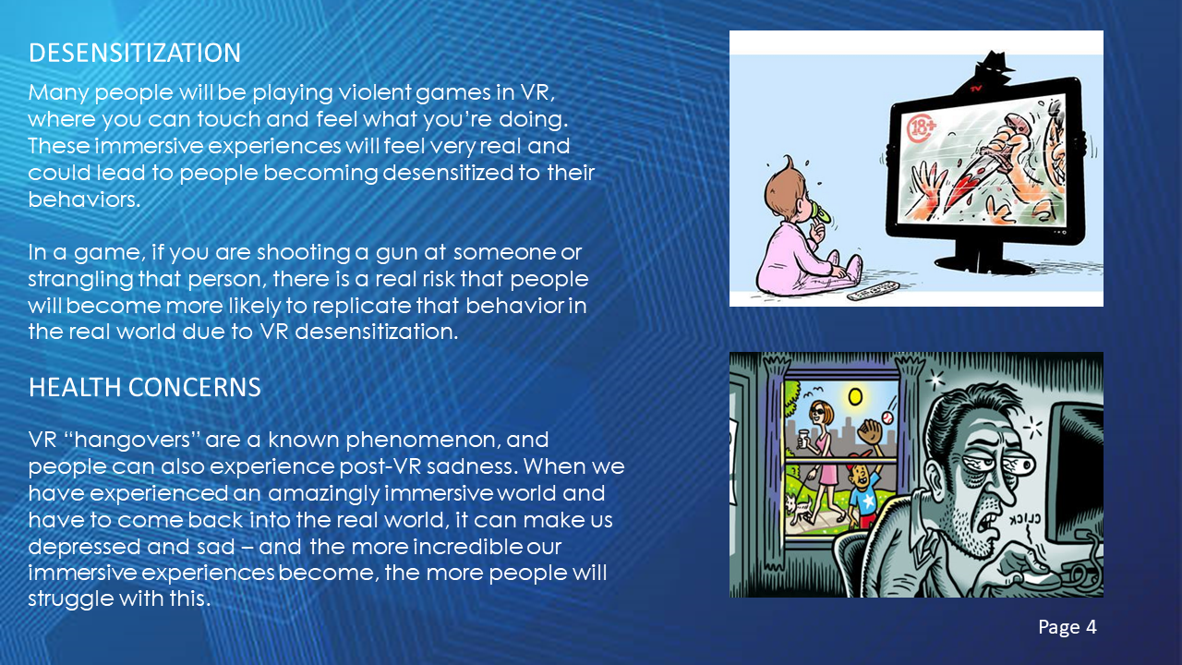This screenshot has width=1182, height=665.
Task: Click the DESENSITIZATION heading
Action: point(135,53)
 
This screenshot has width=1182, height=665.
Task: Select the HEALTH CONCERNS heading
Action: point(145,387)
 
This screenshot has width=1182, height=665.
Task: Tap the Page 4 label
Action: point(1067,627)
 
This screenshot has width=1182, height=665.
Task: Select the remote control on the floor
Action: point(873,290)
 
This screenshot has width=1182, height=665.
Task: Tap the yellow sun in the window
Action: point(855,396)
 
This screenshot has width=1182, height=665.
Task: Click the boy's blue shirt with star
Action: point(865,500)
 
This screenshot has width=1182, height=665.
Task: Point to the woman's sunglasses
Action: point(818,412)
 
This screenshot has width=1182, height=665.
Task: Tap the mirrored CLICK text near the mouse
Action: point(1025,519)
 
